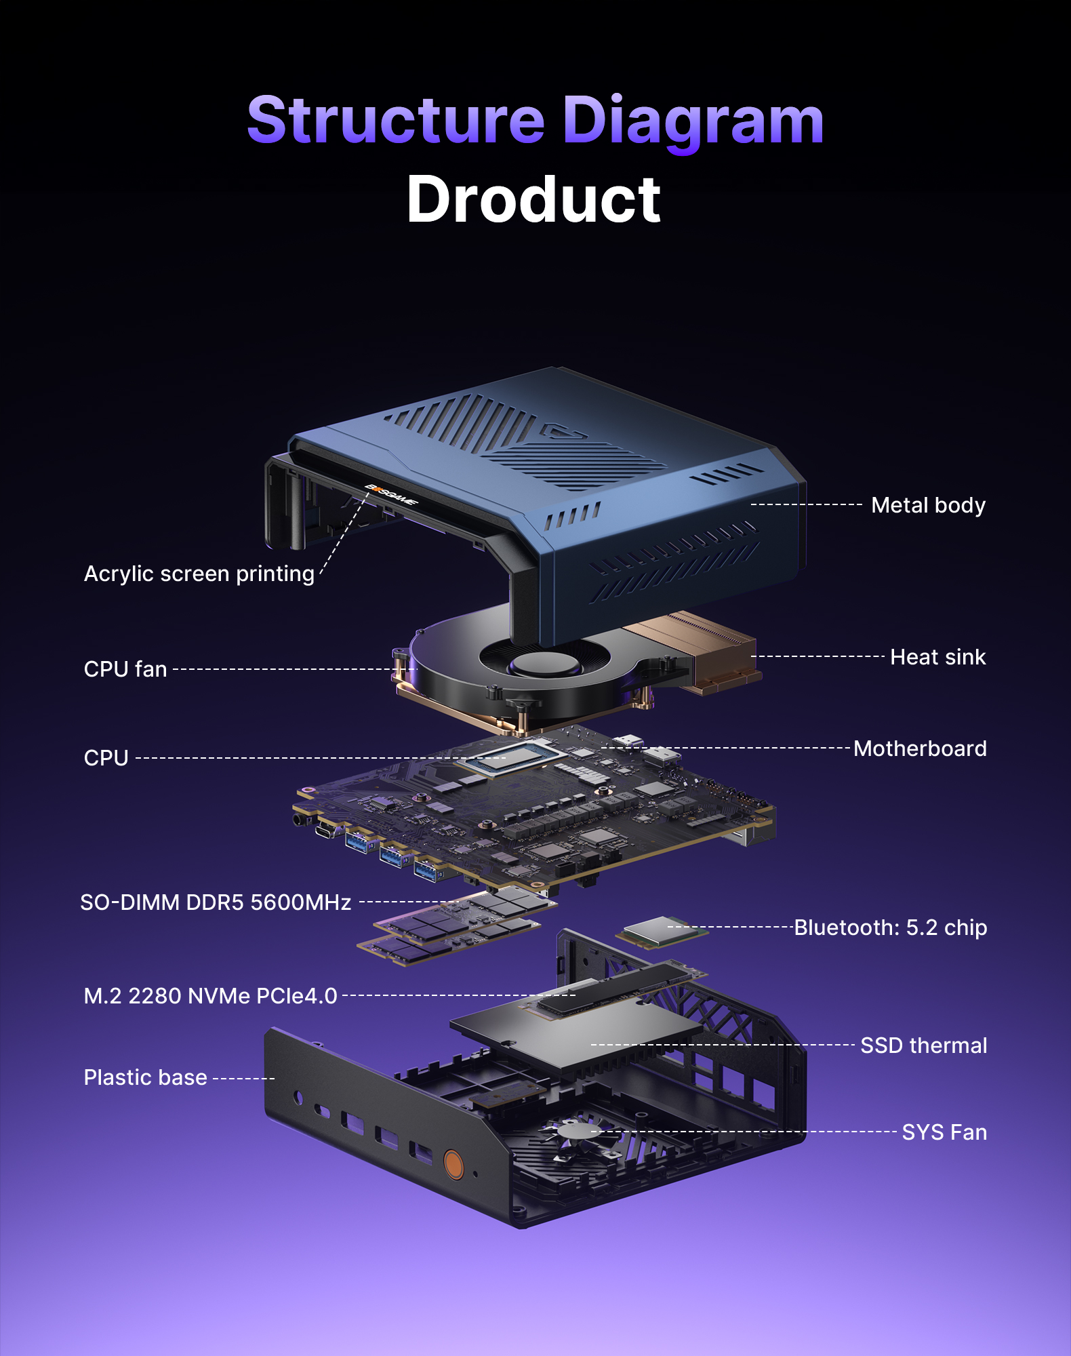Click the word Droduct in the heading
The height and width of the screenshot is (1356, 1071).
(x=533, y=200)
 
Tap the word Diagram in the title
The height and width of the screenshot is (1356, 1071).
(x=693, y=122)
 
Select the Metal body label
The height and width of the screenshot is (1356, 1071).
(x=927, y=505)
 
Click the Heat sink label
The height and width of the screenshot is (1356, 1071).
(x=937, y=657)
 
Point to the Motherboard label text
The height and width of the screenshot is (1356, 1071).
(x=919, y=749)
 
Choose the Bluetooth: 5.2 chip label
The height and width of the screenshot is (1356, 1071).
(x=890, y=928)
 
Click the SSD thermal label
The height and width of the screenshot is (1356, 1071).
(x=923, y=1045)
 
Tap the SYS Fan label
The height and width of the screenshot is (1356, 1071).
(x=944, y=1132)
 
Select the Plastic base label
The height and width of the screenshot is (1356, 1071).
(x=145, y=1077)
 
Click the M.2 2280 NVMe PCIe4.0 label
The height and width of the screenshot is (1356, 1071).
(x=210, y=996)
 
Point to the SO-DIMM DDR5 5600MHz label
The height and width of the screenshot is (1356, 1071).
(x=216, y=902)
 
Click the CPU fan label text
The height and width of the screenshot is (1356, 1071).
(x=125, y=669)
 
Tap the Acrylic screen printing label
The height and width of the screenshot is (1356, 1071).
(x=199, y=574)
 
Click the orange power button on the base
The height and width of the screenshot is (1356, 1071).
(x=453, y=1164)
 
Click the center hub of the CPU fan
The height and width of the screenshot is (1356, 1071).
(x=544, y=662)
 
